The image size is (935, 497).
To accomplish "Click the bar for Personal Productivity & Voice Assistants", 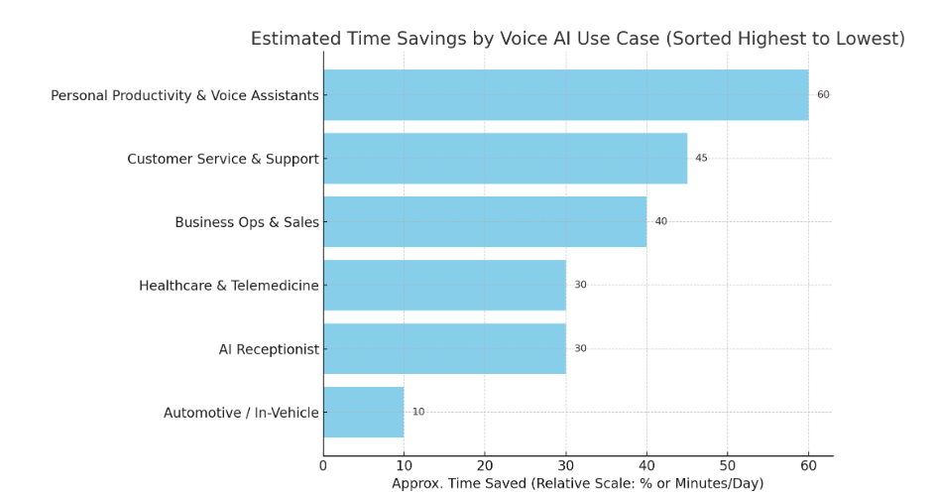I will [x=565, y=95].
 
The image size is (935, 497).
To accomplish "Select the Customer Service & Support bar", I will [x=505, y=159].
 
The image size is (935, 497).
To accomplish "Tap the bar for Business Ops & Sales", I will [x=485, y=222].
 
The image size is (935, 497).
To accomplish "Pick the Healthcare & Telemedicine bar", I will [x=444, y=286].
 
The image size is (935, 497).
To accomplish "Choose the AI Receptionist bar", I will [x=444, y=349].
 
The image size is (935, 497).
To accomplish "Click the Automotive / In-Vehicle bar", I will [x=363, y=413].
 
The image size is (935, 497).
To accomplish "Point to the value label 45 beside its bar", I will [x=701, y=159].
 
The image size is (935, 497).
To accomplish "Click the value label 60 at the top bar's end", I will [x=823, y=95].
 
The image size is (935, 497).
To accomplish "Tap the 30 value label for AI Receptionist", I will [x=580, y=349].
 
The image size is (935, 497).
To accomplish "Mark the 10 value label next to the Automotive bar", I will [x=418, y=413].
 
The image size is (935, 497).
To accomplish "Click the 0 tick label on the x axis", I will [x=323, y=465].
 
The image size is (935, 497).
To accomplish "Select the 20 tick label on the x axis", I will [x=485, y=465].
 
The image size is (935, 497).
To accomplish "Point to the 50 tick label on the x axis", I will [x=728, y=465].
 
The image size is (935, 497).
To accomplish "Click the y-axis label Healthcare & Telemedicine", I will [x=228, y=286].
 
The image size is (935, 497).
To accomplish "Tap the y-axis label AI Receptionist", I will [x=269, y=349].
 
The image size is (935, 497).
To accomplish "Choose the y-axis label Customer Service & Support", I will [x=223, y=159].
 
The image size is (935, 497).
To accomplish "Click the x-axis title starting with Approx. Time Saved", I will [x=577, y=483].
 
